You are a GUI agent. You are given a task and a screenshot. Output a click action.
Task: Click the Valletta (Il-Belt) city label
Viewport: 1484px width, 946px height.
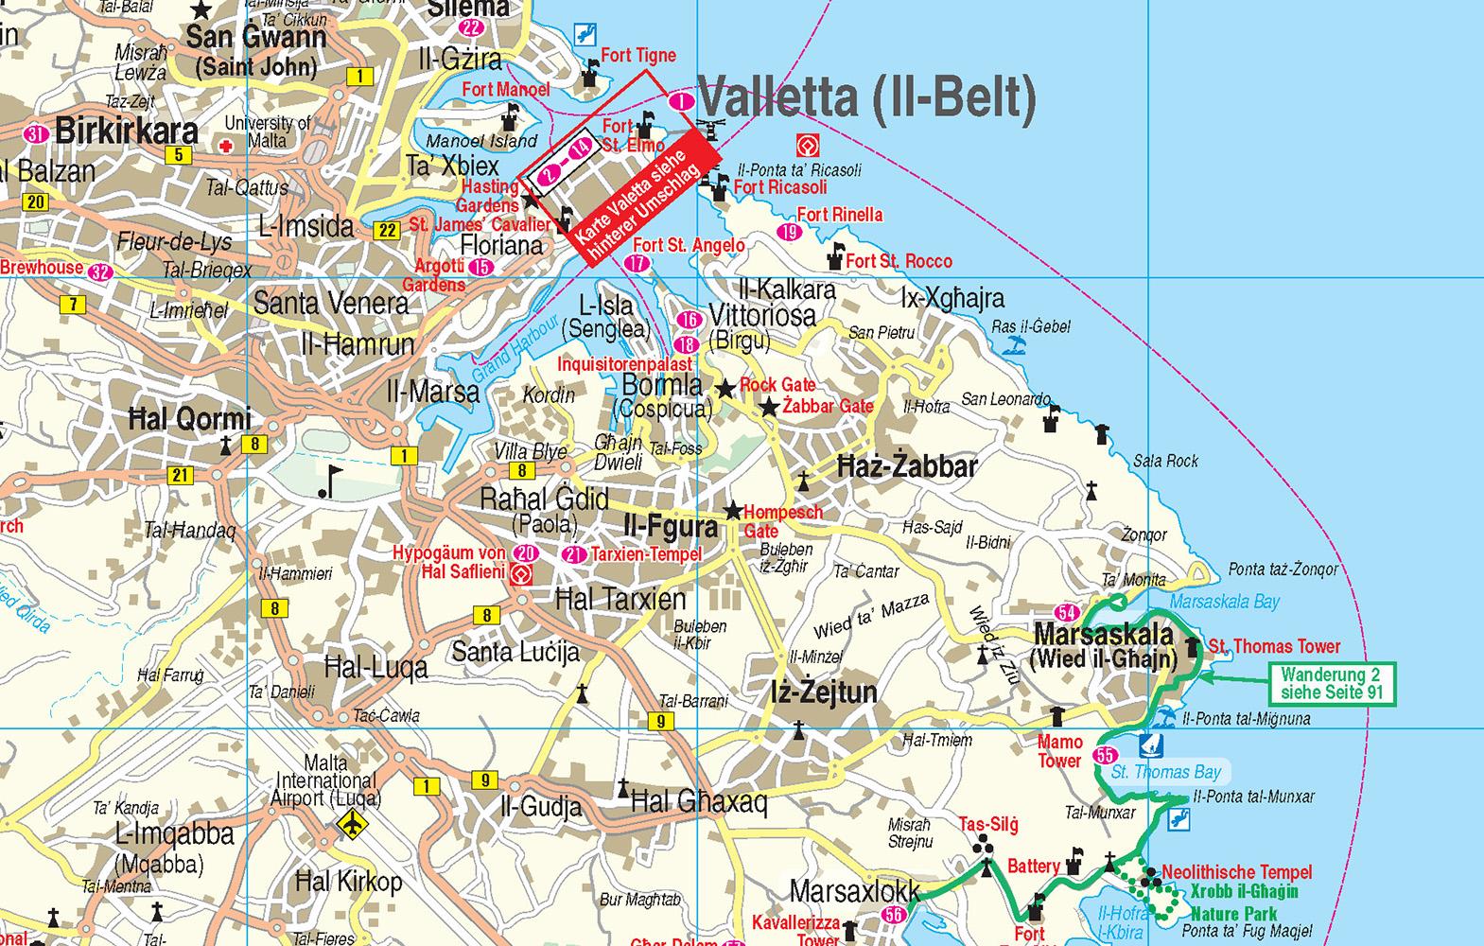(x=866, y=97)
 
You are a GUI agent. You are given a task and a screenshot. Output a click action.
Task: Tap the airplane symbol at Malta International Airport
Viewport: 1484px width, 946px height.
(x=352, y=824)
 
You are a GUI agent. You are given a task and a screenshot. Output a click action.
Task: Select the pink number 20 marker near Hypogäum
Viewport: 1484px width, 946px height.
(x=526, y=553)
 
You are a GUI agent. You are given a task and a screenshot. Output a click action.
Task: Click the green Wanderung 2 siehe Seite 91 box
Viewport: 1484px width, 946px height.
(x=1331, y=683)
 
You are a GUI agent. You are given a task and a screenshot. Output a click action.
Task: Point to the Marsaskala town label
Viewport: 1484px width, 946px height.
(x=1103, y=634)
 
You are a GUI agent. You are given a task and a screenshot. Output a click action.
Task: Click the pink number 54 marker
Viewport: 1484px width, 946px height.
(x=1068, y=612)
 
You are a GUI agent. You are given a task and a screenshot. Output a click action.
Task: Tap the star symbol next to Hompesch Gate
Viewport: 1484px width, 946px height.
(x=733, y=511)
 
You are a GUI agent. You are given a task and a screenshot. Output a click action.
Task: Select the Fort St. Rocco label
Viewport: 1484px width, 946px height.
(x=899, y=261)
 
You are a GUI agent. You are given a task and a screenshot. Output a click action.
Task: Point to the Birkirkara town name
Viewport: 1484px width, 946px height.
(x=127, y=131)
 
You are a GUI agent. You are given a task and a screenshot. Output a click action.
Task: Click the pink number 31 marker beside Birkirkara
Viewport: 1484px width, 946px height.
(x=37, y=133)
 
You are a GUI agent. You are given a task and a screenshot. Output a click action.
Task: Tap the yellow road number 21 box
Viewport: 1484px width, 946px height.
(x=181, y=475)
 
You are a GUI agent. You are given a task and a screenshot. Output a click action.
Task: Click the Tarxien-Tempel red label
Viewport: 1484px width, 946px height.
(x=646, y=554)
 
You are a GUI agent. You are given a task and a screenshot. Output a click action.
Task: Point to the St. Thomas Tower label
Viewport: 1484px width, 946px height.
(x=1274, y=647)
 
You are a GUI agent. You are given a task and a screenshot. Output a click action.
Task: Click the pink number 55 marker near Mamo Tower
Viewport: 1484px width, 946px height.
(x=1104, y=755)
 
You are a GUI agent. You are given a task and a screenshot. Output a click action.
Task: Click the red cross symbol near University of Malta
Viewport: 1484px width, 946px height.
(x=225, y=147)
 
